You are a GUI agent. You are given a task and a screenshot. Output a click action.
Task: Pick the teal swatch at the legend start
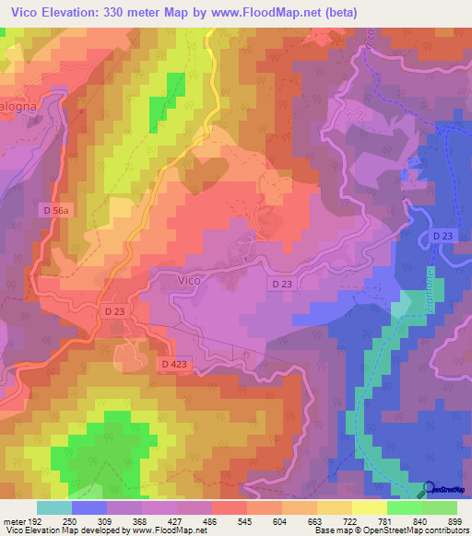pos(53,508)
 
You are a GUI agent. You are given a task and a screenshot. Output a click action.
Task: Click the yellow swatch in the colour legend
pos(369,508)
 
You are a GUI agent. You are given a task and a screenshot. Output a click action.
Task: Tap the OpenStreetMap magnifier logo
pos(429,489)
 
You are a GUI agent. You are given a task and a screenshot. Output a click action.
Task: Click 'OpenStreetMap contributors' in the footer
pos(415,531)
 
